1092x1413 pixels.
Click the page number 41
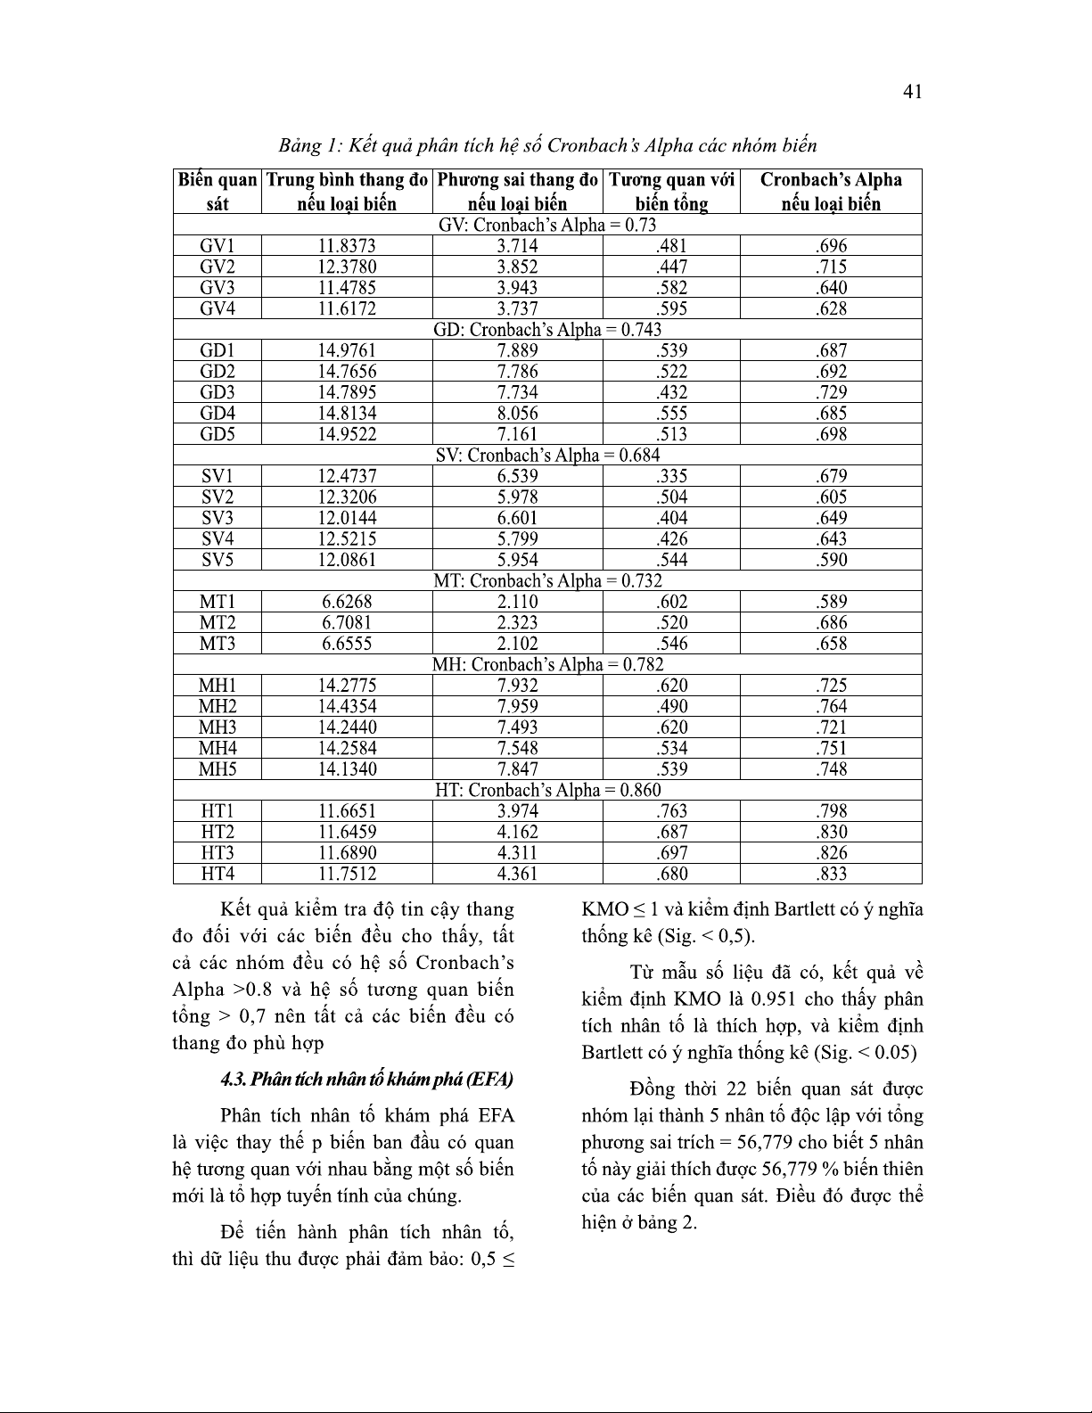[912, 91]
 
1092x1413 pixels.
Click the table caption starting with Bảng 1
[547, 144]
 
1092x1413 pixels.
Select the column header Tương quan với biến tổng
[671, 192]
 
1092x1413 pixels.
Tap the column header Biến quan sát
[218, 192]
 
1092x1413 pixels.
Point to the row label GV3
[218, 288]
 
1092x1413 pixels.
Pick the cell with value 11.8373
[347, 246]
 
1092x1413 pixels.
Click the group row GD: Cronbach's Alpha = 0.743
[547, 330]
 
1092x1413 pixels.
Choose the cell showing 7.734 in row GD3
[517, 392]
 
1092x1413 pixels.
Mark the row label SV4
[218, 539]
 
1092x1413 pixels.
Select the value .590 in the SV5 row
[831, 560]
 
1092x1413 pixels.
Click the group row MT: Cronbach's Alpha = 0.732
[547, 581]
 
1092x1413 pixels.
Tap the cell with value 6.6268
[347, 602]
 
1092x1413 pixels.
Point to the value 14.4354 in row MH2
[347, 707]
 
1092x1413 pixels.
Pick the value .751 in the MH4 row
[831, 749]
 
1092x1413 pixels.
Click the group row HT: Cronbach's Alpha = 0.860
[547, 791]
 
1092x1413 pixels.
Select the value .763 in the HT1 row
[671, 811]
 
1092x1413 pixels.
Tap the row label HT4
[218, 874]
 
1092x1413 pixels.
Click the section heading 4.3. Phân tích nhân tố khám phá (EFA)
[367, 1080]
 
